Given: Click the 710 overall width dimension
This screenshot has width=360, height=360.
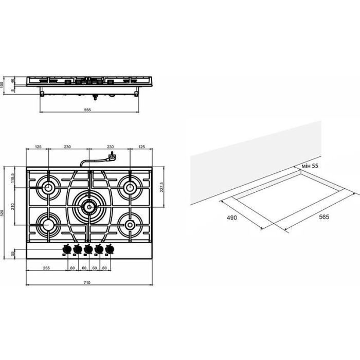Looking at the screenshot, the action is pos(87,282).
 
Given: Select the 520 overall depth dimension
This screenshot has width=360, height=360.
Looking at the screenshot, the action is pos(3,213).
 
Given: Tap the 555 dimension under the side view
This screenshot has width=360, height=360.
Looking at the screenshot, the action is pos(87,110).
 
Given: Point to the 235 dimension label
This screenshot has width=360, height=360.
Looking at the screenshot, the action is pos(46,268).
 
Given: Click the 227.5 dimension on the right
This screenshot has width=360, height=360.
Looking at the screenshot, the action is pos(161,187).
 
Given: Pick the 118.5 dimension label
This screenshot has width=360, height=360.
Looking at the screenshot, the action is pos(13,178).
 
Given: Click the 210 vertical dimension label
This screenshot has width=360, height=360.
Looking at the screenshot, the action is pos(13,206).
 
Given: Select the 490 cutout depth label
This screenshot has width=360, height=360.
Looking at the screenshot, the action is pos(231,218).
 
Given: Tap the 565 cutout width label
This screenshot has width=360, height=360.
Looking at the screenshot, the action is pos(324,217).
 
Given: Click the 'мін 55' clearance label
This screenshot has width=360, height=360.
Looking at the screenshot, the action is pos(310,166).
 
